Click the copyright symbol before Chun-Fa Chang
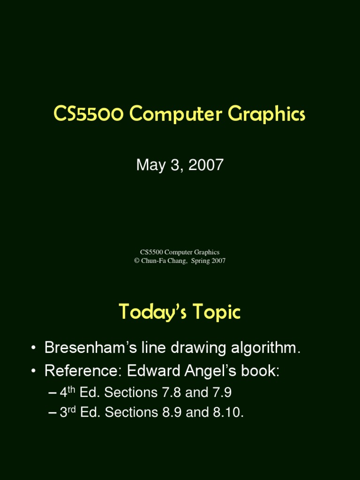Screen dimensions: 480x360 tap(137, 261)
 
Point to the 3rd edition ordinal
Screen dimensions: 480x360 tap(68, 412)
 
